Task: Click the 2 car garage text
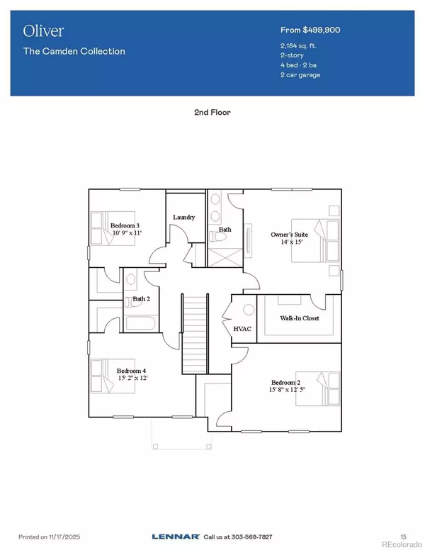(300, 74)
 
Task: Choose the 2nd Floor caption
(213, 112)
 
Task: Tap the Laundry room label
(184, 217)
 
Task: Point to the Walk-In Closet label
(299, 318)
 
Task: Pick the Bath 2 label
(141, 299)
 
